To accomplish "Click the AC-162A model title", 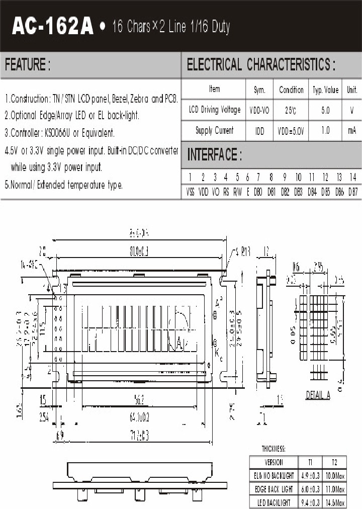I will [x=52, y=26].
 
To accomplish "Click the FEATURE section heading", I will [x=28, y=65].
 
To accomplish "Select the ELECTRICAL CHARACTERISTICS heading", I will [x=261, y=65].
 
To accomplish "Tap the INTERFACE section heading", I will [x=214, y=155].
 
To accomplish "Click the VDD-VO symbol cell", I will [x=259, y=110].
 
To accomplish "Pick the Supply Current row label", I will [x=215, y=131].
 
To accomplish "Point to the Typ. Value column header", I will [x=326, y=90].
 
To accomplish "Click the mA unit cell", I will [x=351, y=131].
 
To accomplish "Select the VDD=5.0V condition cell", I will [x=291, y=131].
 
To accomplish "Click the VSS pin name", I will [x=191, y=192].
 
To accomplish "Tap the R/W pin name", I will [x=237, y=192].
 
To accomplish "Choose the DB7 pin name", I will [x=352, y=192].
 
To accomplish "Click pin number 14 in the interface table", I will [x=352, y=177].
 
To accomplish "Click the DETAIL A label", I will [x=318, y=395].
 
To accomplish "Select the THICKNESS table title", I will [x=273, y=449].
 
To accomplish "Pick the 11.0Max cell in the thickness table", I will [x=334, y=489].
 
